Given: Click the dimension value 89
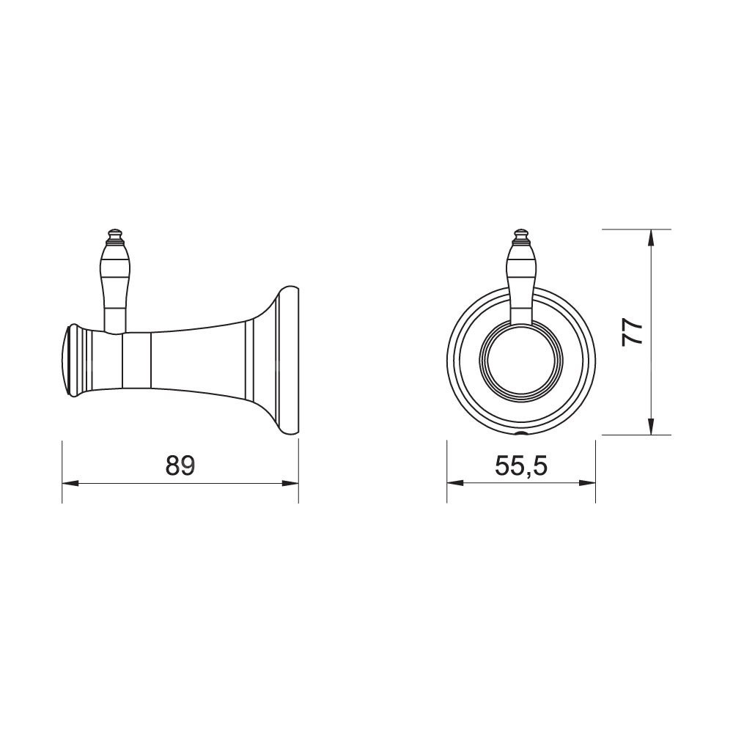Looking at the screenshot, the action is [x=180, y=465].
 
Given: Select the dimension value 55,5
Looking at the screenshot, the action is [x=520, y=465].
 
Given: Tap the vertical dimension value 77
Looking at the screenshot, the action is [x=633, y=332].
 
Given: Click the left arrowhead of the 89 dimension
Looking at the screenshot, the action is [x=70, y=483].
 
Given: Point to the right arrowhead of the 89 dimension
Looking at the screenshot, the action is [x=290, y=483].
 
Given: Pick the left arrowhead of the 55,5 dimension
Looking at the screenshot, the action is [x=455, y=483].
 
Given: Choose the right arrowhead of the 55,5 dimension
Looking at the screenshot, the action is [x=588, y=483].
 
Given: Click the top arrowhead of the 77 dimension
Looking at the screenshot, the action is [x=650, y=237].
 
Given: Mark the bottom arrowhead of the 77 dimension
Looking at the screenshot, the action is [x=650, y=427].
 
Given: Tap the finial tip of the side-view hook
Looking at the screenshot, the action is [x=114, y=229].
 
